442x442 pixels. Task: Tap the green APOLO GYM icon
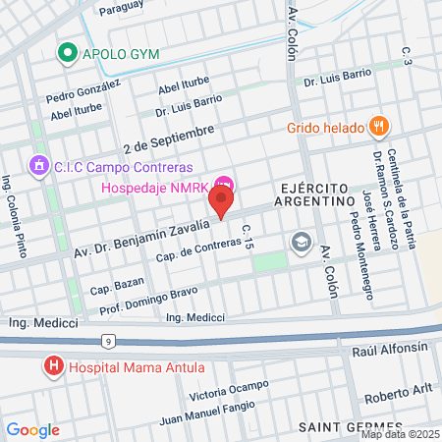click(69, 54)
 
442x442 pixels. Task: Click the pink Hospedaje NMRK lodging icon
click(225, 183)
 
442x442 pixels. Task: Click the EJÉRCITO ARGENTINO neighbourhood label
click(316, 193)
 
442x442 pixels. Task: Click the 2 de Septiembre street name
click(168, 139)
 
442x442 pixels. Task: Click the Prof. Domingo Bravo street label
click(148, 300)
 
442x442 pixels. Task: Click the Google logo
click(32, 430)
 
